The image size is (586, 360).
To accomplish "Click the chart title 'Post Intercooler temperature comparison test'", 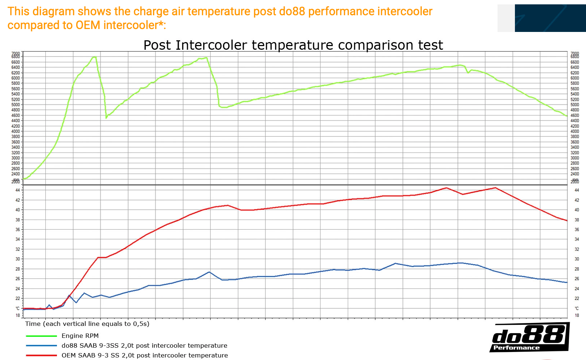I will tap(293, 45).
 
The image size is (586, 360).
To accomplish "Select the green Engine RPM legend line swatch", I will tap(41, 336).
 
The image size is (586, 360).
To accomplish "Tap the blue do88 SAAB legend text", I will tap(144, 345).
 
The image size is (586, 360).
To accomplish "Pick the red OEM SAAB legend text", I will tap(145, 355).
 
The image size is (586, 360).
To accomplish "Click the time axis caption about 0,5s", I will tap(87, 324).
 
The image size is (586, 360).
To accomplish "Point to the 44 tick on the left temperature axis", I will tap(17, 190).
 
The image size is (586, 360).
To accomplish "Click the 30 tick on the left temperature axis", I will tap(17, 259).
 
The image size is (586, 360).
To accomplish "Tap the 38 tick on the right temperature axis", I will tap(577, 220).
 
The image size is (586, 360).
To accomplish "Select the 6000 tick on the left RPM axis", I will tap(16, 78).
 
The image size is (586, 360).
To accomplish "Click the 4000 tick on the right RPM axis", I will tap(575, 131).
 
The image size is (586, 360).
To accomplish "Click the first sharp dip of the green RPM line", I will tap(106, 118).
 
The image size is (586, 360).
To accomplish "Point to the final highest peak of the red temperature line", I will tap(495, 188).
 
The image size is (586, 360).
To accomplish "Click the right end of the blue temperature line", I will tap(566, 282).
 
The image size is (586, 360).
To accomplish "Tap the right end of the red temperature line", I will tap(566, 220).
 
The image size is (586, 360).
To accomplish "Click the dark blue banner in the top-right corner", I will tap(550, 18).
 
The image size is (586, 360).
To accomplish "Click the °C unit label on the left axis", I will tap(17, 308).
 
